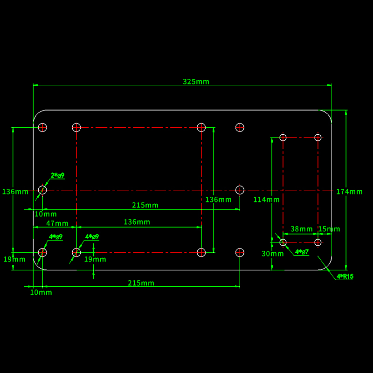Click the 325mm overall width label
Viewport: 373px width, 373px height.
coord(196,82)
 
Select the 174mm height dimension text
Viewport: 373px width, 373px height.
coord(349,192)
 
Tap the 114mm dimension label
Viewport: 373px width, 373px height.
coord(266,200)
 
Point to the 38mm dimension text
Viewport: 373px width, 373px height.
coord(302,229)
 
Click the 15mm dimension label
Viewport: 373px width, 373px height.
coord(329,229)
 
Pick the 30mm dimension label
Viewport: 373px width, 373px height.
coord(272,254)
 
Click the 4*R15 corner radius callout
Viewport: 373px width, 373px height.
coord(345,276)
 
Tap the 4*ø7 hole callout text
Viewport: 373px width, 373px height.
coord(302,252)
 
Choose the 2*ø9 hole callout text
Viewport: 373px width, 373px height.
coord(57,175)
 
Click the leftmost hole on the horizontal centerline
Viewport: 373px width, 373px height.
coord(42,190)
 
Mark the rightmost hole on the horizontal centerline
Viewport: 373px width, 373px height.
coord(240,190)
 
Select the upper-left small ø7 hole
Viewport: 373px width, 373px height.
coord(283,137)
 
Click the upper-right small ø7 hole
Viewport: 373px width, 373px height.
coord(318,137)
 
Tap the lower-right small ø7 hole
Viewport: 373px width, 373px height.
coord(318,242)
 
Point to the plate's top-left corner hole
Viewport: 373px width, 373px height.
coord(42,127)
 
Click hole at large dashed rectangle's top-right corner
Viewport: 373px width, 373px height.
coord(201,127)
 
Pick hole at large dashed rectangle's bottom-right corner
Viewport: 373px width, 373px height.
coord(201,252)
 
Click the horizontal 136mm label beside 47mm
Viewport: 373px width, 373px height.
coord(137,222)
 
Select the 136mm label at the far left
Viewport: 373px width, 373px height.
coord(15,192)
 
